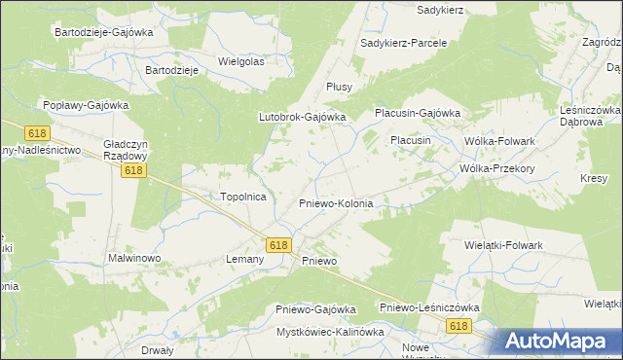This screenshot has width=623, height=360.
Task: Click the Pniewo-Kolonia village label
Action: [x=335, y=203]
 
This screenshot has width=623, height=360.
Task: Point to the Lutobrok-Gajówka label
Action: [x=302, y=117]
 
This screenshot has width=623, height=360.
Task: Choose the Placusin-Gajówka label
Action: [x=418, y=113]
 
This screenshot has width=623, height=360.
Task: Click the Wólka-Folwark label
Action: [x=500, y=141]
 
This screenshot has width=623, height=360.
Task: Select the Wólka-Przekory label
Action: [x=498, y=167]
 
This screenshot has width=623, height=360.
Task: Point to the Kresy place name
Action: [x=594, y=179]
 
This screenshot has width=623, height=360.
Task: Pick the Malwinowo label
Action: [x=133, y=259]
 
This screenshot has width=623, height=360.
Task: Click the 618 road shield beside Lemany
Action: [x=278, y=245]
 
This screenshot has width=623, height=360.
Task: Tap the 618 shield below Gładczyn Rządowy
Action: [x=134, y=170]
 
